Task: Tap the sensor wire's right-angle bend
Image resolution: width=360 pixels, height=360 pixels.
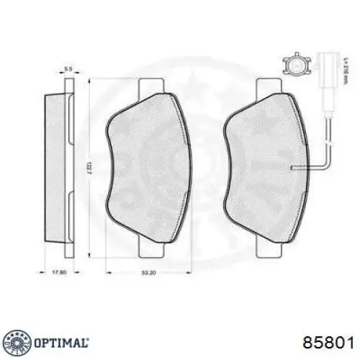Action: point(325,166)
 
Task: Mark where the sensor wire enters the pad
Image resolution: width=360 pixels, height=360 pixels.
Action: point(292,167)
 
